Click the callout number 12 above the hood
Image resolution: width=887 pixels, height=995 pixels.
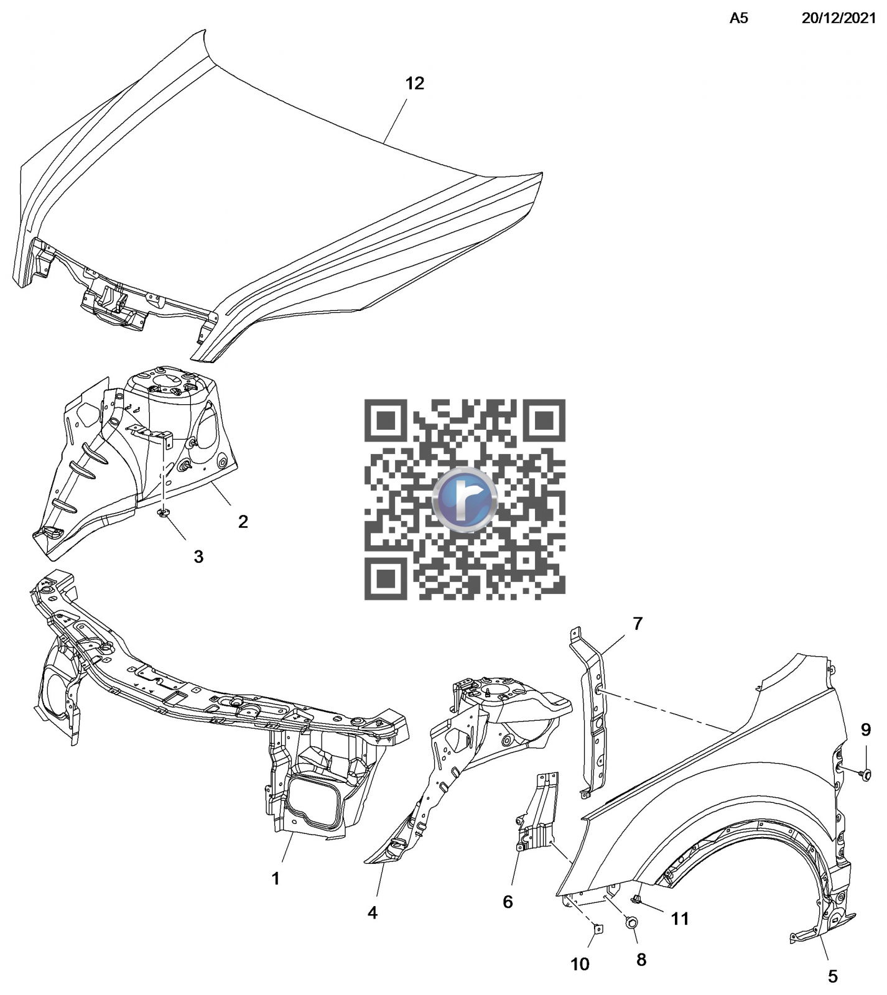[x=415, y=83]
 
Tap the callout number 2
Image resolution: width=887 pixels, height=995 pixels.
[x=243, y=521]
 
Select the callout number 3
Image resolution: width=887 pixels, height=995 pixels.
[x=198, y=557]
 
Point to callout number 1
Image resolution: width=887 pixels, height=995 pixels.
[x=275, y=879]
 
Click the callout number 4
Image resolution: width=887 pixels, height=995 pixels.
[x=373, y=913]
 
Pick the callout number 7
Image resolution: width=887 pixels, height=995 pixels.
[x=638, y=623]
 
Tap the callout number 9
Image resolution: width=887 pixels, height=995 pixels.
[x=866, y=730]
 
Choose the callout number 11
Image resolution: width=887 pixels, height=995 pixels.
[x=680, y=919]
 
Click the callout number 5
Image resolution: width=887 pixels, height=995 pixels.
[x=833, y=976]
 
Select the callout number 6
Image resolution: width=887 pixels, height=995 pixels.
[x=508, y=902]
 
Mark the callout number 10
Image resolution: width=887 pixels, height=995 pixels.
[x=580, y=965]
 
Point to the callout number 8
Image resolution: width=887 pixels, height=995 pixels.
[x=641, y=960]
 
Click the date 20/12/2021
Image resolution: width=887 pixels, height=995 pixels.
[x=838, y=19]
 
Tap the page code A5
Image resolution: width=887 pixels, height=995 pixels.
[x=738, y=19]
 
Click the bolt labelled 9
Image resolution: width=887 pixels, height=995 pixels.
[x=864, y=773]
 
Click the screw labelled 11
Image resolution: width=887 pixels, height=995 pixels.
[x=636, y=899]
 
